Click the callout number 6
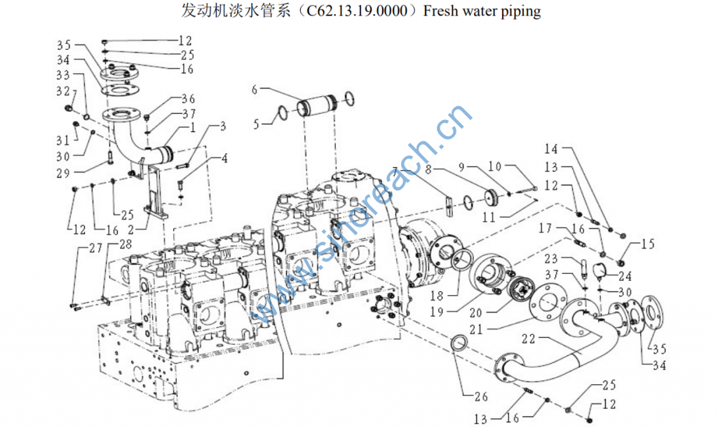(255, 89)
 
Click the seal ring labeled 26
(459, 344)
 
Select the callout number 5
(256, 124)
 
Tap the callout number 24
(625, 276)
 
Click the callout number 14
(551, 150)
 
